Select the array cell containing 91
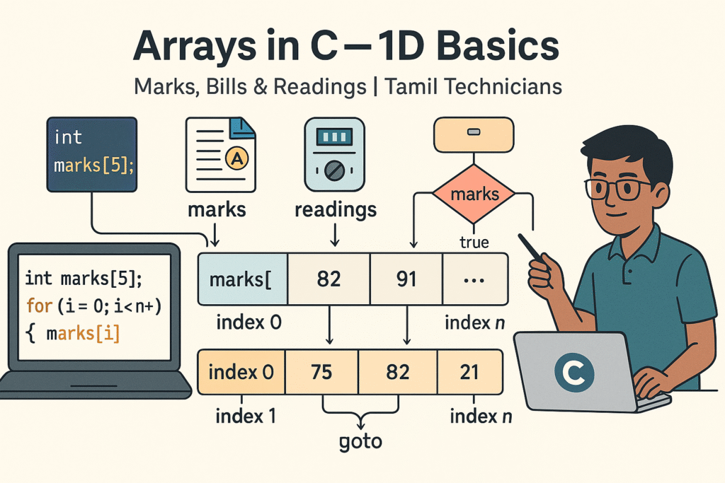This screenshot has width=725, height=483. tap(406, 279)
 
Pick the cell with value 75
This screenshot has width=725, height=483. tap(322, 372)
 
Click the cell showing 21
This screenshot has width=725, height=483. tap(470, 372)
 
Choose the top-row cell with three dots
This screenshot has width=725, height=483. tap(475, 279)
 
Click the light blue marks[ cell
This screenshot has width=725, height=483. tap(243, 279)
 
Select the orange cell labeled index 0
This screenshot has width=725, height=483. tap(241, 372)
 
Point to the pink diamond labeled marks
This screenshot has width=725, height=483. tap(474, 194)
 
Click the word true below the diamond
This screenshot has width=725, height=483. tap(474, 243)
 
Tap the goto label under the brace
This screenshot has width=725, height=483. tap(360, 442)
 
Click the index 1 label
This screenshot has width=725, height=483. tap(246, 416)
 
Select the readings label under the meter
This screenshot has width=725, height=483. tap(336, 210)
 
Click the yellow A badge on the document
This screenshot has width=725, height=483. tap(236, 158)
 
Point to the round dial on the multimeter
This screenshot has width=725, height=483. tap(334, 171)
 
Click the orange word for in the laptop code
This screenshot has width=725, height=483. tap(39, 305)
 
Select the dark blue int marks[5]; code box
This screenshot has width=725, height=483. tap(92, 154)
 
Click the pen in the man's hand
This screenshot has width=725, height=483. tap(532, 250)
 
